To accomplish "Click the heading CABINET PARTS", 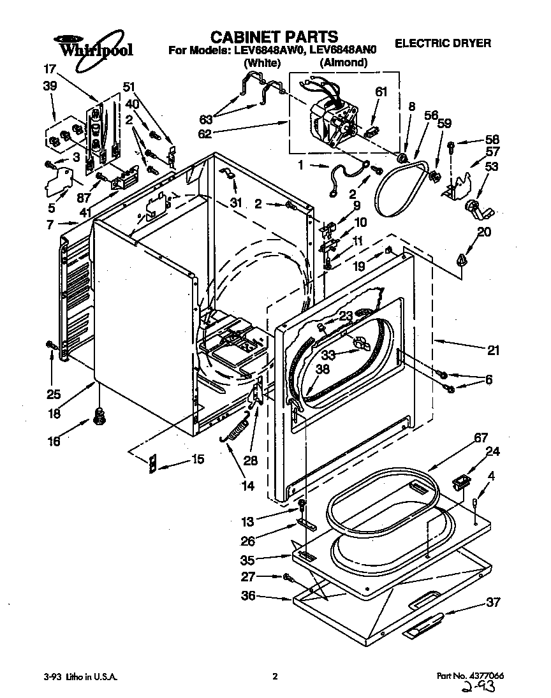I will click(x=274, y=36).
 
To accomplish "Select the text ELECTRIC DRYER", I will click(x=443, y=43).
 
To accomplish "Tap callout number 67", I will click(x=480, y=438).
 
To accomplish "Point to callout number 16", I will click(x=54, y=441).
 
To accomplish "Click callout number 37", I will click(x=492, y=602).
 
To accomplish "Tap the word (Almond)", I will click(x=343, y=62).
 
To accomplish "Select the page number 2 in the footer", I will click(x=275, y=677).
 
